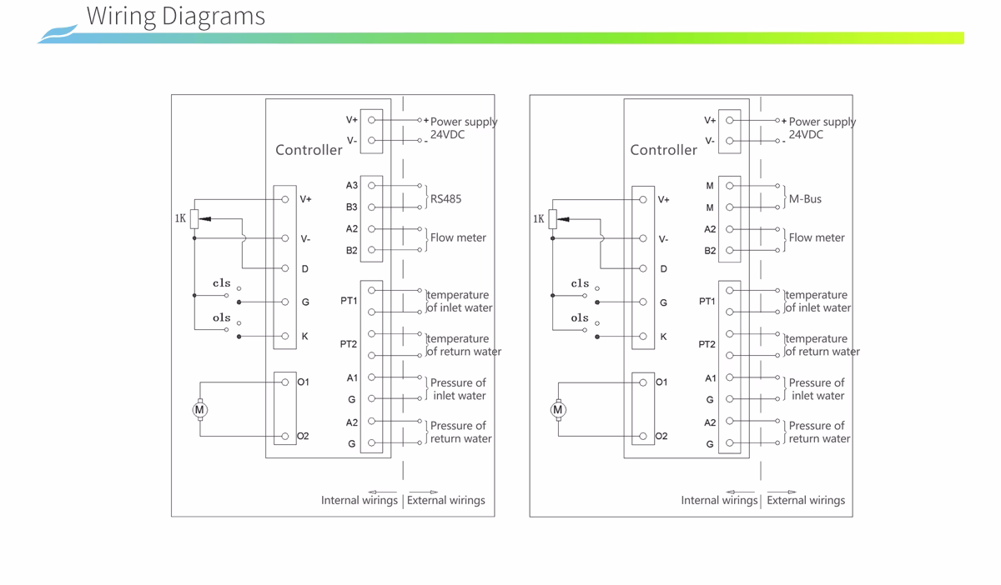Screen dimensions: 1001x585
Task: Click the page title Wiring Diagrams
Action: pos(176,17)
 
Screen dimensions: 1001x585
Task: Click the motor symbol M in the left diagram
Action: pos(199,410)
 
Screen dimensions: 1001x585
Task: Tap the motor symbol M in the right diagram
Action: pos(558,410)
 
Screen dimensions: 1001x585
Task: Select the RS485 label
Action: pos(445,198)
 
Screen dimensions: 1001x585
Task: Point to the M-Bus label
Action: pos(805,198)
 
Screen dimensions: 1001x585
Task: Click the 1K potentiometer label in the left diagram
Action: pos(180,218)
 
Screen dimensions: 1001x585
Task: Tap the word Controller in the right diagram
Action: pos(663,150)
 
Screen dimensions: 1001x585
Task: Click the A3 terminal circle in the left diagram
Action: pos(371,185)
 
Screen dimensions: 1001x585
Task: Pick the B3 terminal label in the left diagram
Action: pos(352,207)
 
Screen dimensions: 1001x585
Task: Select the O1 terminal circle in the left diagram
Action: pos(285,382)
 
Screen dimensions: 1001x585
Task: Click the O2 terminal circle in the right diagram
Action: pos(643,437)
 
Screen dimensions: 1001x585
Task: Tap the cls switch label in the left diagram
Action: pos(222,283)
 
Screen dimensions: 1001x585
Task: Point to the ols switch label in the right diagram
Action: pos(580,318)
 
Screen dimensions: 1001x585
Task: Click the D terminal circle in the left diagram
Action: pos(285,268)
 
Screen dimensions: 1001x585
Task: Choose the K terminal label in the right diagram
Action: pos(663,337)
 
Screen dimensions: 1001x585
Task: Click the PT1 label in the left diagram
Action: pos(349,301)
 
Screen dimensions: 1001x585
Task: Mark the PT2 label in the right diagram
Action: pos(707,344)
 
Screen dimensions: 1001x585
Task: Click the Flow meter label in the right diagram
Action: pos(817,237)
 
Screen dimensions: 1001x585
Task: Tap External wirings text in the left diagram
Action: pos(446,500)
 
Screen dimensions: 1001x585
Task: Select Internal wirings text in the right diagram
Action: pos(719,500)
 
